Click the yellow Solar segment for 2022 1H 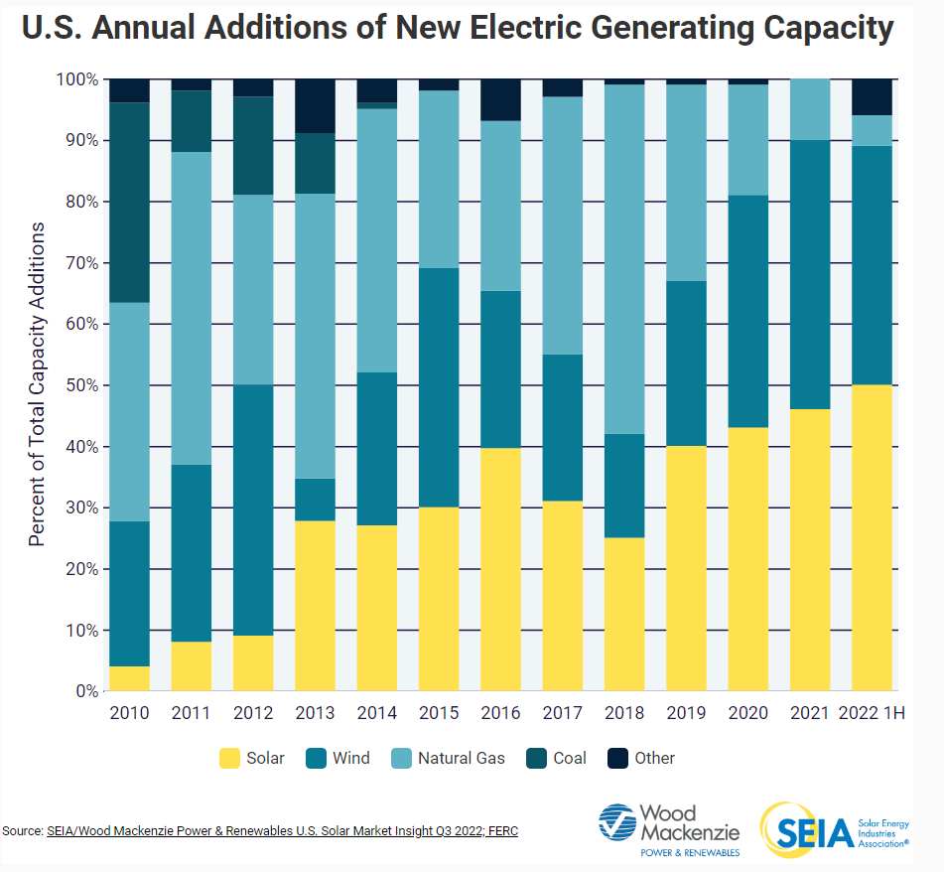coord(873,537)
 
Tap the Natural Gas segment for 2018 coord(624,259)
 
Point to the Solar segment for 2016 coord(500,569)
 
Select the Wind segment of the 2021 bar coord(810,268)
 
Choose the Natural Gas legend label coord(461,759)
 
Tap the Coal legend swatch coord(537,759)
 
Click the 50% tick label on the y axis coord(80,385)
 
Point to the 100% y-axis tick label coord(76,78)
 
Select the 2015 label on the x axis coord(439,713)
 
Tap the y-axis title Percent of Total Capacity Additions coord(38,384)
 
